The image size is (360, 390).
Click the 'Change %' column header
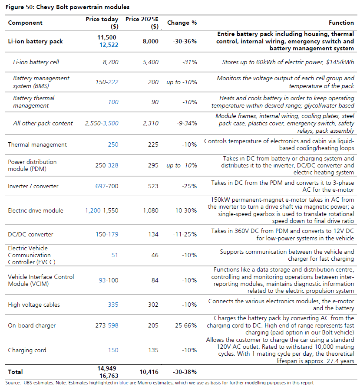[x=182, y=23]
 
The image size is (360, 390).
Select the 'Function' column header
[x=341, y=23]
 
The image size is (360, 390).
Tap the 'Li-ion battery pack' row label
[x=35, y=41]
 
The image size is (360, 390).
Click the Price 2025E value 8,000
[x=150, y=41]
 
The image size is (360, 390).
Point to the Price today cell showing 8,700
[x=111, y=62]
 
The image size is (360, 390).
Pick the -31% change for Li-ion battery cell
[x=189, y=62]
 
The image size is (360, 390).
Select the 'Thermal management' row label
[x=37, y=144]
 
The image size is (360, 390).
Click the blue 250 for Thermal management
[x=113, y=144]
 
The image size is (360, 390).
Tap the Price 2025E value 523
[x=153, y=186]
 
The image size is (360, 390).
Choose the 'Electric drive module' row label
[x=36, y=210]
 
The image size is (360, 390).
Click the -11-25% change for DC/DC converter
[x=185, y=234]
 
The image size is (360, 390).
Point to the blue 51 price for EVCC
[x=115, y=255]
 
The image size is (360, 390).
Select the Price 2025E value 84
[x=155, y=280]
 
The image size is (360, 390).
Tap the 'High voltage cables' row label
[x=34, y=305]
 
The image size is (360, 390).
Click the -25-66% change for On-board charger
[x=185, y=325]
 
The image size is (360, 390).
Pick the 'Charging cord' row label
[x=27, y=350]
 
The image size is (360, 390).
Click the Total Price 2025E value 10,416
[x=149, y=372]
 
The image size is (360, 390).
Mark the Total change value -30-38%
[x=185, y=372]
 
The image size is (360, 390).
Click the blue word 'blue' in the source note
[x=124, y=383]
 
